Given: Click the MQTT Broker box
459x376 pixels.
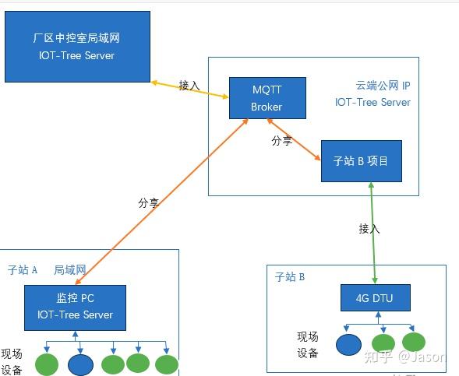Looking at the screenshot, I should (x=267, y=97).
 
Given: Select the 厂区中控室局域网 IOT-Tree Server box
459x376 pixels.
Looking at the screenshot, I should (x=76, y=45).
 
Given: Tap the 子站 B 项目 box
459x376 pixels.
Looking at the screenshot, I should (x=361, y=161).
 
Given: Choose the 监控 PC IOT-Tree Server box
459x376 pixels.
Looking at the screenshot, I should (x=75, y=307).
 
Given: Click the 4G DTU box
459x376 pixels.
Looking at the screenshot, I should (x=376, y=297).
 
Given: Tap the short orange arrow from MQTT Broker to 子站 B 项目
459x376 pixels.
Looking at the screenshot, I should (x=295, y=139).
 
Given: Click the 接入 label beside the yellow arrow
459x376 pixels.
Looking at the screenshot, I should (x=189, y=85).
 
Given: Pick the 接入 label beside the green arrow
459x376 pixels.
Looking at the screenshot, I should (x=369, y=229).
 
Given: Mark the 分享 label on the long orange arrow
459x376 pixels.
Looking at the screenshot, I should (x=149, y=203).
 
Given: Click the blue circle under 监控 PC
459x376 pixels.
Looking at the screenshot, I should (x=79, y=364).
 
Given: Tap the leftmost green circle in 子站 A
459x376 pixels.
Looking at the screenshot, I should (x=47, y=364).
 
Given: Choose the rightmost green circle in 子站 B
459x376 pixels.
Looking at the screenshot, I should (x=413, y=343).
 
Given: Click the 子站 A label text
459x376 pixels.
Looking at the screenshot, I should (x=23, y=270).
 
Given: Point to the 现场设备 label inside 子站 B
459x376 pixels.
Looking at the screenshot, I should (x=307, y=345).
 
